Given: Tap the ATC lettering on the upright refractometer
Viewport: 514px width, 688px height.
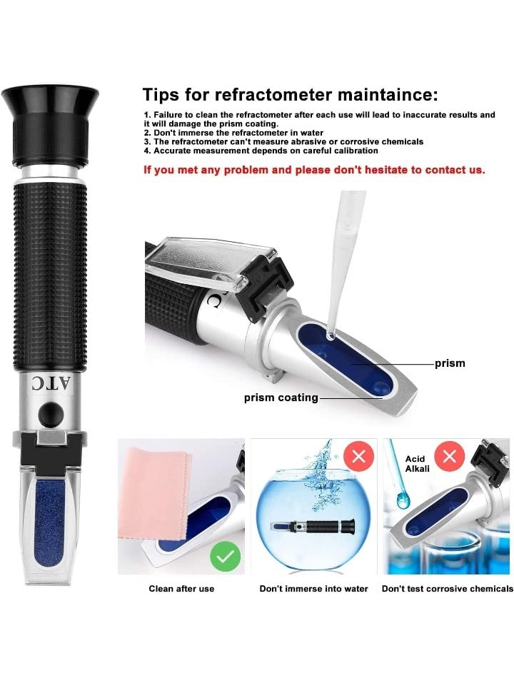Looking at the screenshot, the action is click(50, 383).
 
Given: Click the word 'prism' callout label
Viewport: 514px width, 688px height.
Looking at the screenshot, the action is click(450, 363).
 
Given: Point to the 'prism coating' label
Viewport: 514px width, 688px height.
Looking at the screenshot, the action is click(281, 398).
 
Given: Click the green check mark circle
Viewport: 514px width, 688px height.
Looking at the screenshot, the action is click(225, 557).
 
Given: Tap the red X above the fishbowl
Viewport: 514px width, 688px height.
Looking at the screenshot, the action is click(358, 456).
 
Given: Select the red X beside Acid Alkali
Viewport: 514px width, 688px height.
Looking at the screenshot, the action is click(449, 456).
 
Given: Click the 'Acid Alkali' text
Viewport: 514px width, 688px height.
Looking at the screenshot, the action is click(417, 464).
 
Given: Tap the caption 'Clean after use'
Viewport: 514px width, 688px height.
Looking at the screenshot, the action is click(181, 589).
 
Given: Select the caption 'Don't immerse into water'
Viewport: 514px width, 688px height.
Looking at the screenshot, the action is click(313, 589).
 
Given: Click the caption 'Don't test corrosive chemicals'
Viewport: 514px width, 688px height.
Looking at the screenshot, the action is click(448, 589).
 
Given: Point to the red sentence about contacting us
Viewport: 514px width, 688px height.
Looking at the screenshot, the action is click(314, 170).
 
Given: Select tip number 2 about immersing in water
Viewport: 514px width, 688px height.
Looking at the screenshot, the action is click(233, 133).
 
